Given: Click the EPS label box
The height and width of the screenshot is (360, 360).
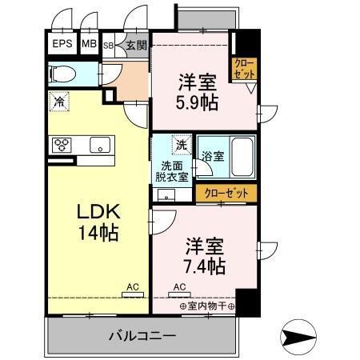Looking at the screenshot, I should coord(62,45).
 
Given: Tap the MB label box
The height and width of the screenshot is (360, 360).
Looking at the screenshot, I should coord(88,45).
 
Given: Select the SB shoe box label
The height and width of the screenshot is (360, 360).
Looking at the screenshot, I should coord(108,46).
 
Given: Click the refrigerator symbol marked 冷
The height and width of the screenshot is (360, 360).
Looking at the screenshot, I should coord(58,102).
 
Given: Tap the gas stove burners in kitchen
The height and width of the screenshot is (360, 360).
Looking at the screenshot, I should coord(62,145).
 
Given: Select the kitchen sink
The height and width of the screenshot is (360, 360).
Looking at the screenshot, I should coord(100,145).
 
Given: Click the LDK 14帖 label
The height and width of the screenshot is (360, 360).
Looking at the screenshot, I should coord(98,222).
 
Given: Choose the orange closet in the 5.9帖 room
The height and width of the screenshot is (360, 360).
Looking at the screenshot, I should coord(244,69).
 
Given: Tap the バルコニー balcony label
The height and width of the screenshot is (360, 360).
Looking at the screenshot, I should coord(142,335).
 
